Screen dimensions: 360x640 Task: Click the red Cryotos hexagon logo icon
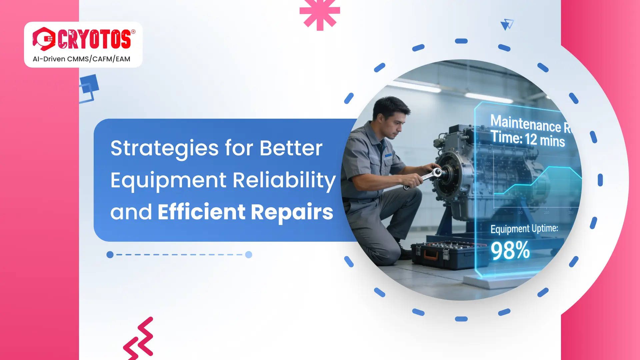[x=44, y=39]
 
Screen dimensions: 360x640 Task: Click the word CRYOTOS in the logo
[x=95, y=39]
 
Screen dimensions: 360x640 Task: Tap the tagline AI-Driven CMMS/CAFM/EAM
[x=81, y=59]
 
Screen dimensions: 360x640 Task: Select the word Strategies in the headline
[x=165, y=148]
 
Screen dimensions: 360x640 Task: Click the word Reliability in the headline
[x=284, y=180]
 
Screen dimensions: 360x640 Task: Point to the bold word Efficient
[x=202, y=212]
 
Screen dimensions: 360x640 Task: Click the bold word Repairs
[x=292, y=212]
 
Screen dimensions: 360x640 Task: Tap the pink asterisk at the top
[x=320, y=13]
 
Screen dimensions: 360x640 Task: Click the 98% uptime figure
[x=510, y=251]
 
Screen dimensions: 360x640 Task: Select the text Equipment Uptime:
[x=524, y=229]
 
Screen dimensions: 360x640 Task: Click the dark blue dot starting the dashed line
[x=110, y=255]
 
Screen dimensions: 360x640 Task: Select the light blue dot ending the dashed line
[x=249, y=255]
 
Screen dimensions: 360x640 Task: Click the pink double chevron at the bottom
[x=139, y=338]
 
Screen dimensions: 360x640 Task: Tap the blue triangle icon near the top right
[x=507, y=25]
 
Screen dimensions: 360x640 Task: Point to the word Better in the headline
[x=291, y=148]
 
